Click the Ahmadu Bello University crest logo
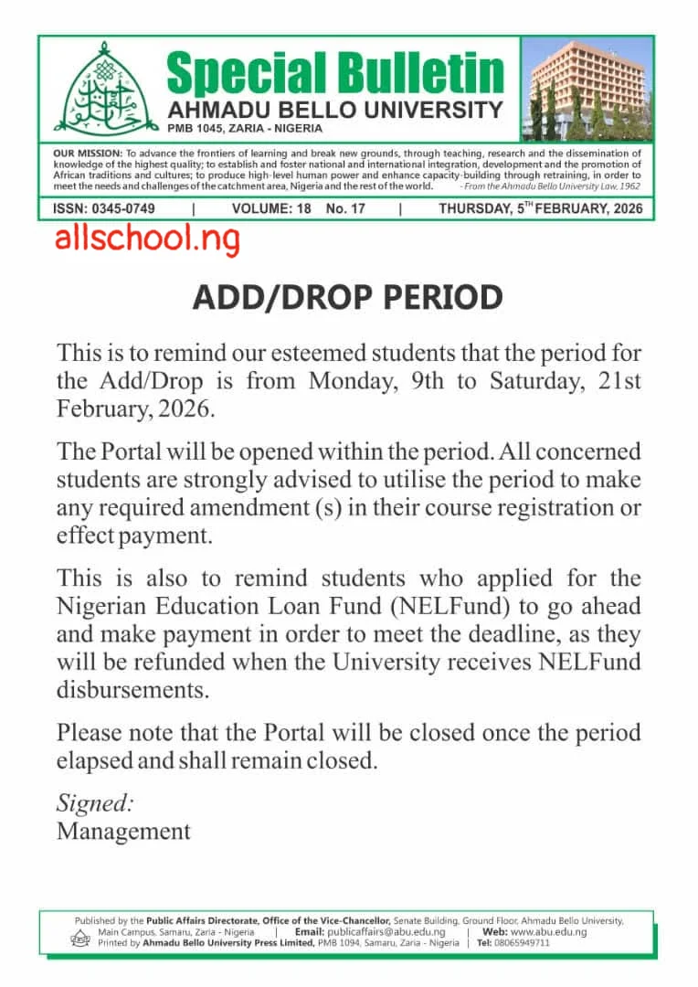100,90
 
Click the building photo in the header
587,89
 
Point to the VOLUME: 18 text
271,209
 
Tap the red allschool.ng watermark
147,239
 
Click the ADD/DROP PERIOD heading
347,297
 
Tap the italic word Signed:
95,803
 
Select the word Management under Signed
123,831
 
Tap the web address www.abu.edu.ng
548,931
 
